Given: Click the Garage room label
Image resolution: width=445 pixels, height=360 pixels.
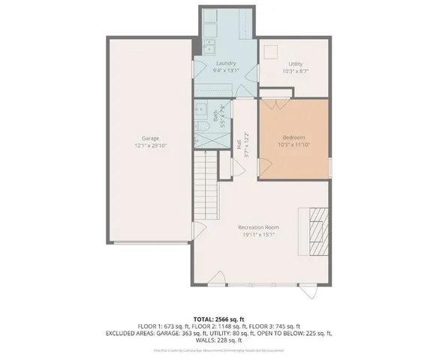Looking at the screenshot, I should [x=151, y=138].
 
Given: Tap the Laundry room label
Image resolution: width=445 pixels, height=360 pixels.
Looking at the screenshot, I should [x=226, y=63].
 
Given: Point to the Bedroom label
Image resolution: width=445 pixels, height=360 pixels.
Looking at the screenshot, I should [x=293, y=137].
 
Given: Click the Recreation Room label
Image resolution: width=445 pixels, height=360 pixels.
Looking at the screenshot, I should [x=259, y=227].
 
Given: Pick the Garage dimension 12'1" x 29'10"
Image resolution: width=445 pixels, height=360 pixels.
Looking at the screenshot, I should [x=151, y=145].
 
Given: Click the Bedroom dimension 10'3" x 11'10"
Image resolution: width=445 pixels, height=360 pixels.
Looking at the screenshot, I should [x=293, y=145].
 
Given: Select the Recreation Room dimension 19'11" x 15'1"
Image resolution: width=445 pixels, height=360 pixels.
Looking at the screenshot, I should [x=259, y=235].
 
